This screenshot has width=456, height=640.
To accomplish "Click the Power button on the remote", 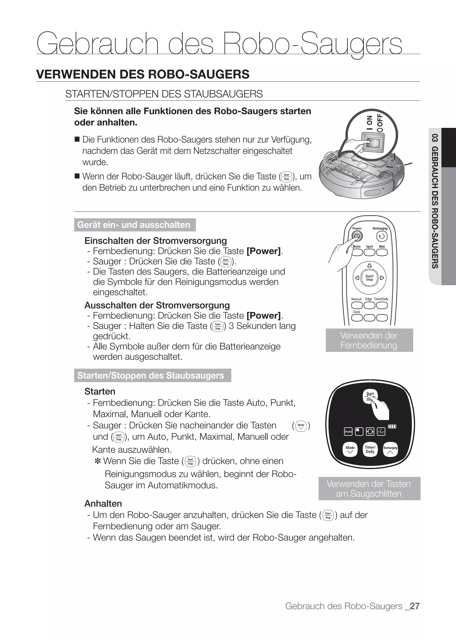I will pos(357,236).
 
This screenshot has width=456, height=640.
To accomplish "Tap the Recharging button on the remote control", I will pos(382,236).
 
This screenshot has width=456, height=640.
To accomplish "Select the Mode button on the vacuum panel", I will pos(350,450).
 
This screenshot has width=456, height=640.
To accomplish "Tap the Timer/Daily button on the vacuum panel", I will pos(370,450).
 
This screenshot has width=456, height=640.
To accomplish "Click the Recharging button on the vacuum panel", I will pos(390,450).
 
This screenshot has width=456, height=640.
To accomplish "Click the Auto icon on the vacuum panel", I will pos(348,431).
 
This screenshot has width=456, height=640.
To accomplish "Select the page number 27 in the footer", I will pos(414,606).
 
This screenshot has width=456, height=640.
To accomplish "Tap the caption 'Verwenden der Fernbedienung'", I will pos(369,340).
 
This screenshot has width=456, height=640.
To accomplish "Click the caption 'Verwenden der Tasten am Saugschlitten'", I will pos(369,489).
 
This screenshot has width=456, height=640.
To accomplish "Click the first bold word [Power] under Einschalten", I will pos(263,251).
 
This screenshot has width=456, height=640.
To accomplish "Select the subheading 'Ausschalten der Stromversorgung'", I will pos(157,305).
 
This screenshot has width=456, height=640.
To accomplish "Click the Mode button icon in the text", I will pos(301,426).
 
